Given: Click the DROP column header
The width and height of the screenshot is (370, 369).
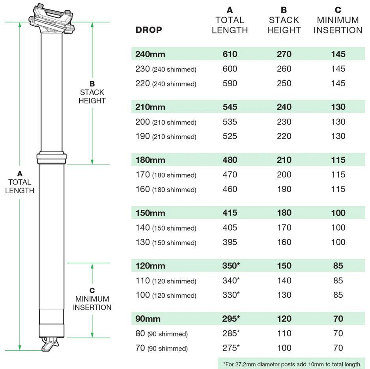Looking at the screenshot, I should coord(149,30).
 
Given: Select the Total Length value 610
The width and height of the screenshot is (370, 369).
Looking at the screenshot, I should coord(230,54).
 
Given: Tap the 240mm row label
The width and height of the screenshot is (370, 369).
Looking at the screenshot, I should coord(150,54).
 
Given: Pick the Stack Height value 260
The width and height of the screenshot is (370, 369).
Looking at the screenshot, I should coord(284,69).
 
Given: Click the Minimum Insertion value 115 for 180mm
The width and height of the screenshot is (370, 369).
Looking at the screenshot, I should coord(338,160).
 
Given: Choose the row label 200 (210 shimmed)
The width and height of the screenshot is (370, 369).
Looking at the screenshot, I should coord(166,122).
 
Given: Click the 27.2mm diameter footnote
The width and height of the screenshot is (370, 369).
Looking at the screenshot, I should coord(292,364).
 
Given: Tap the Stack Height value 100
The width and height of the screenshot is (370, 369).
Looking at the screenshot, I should coord(284,348).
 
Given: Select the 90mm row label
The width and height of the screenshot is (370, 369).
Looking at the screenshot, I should coord(148,319).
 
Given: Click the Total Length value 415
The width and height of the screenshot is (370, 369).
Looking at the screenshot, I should coord(230,213).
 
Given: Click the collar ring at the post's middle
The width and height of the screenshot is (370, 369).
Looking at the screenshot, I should coord(52,158).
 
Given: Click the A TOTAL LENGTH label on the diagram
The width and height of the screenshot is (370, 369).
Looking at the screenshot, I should coord(20,182).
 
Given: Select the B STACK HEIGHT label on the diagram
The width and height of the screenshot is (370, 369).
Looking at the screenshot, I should coord(92,92).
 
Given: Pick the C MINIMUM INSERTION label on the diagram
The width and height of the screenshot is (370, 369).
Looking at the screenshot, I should coord(92,299).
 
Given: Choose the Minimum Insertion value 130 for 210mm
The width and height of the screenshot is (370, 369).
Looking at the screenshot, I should coord(338,107).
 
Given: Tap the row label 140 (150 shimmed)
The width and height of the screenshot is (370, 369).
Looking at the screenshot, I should coord(166,228).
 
